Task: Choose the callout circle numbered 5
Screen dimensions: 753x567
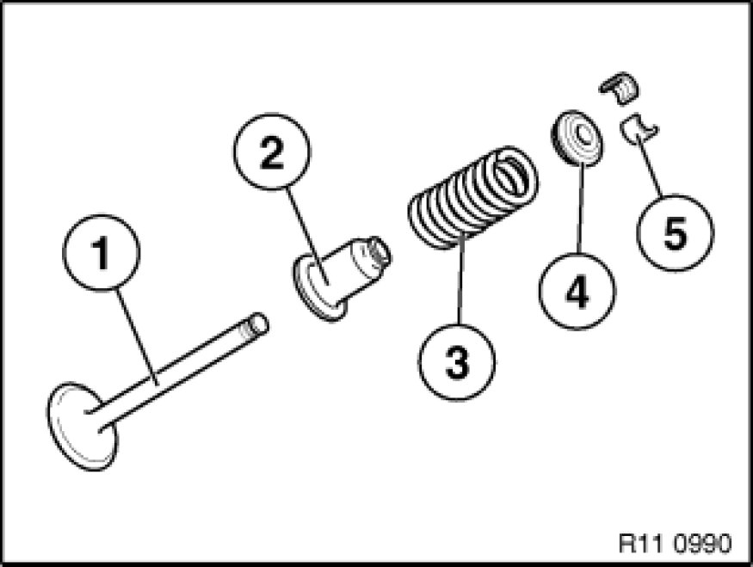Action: [x=674, y=230]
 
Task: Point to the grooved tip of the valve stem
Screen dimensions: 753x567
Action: [x=256, y=324]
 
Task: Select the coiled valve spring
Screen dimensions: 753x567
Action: [x=473, y=196]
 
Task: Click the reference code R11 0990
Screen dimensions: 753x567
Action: [x=675, y=544]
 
